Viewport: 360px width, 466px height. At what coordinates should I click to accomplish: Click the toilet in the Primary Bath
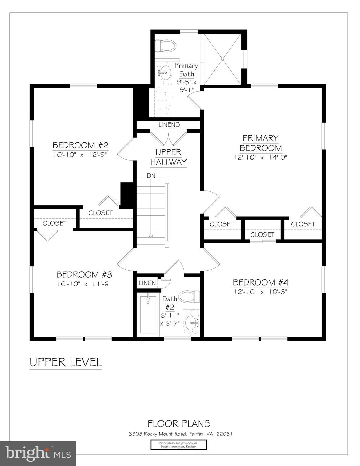(x=165, y=46)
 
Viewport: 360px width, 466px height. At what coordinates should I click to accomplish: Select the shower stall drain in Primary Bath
(x=222, y=59)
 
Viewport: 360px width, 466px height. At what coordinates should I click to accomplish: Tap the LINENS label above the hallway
(x=169, y=125)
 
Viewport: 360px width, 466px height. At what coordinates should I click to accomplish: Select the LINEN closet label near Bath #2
(x=147, y=283)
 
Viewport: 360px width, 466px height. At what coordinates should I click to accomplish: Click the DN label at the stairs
(x=151, y=176)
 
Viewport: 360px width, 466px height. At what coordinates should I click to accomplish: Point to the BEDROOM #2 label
(x=80, y=145)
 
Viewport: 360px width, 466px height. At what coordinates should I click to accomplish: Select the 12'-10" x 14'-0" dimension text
(x=260, y=157)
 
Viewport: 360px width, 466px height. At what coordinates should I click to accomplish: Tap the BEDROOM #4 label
(x=260, y=283)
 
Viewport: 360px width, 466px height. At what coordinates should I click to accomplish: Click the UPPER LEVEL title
(x=66, y=362)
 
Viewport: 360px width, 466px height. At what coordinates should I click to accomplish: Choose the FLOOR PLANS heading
(x=179, y=424)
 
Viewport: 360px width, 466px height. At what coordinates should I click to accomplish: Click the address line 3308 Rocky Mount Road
(x=180, y=434)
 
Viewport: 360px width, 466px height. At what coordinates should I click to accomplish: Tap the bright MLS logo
(x=38, y=454)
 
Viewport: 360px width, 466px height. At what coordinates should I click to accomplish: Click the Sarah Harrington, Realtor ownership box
(x=178, y=445)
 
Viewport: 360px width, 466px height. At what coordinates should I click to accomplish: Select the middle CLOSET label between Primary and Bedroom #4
(x=262, y=235)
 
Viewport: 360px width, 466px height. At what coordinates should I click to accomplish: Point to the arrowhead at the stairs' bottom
(x=151, y=236)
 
